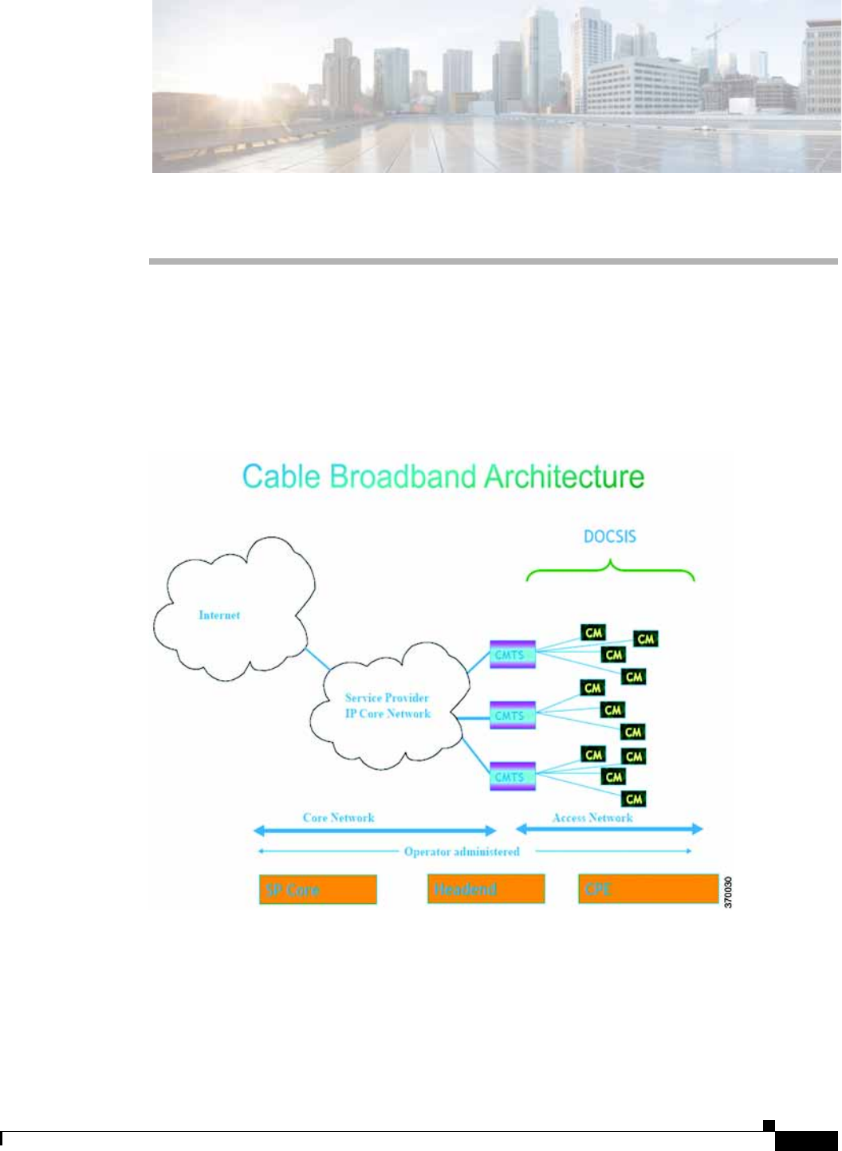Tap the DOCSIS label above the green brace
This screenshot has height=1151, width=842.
[x=610, y=536]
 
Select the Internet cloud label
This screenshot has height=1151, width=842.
[x=219, y=615]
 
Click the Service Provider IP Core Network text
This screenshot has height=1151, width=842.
[x=388, y=705]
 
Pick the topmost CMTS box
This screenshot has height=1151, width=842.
[x=512, y=654]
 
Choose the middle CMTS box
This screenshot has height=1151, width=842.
[x=512, y=715]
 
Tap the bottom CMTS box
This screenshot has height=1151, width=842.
[x=512, y=776]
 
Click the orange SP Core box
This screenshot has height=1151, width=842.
[x=317, y=890]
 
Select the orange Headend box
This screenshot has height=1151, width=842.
[x=486, y=889]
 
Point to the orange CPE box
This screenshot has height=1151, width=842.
[x=647, y=889]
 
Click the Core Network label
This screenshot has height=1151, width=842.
[x=338, y=818]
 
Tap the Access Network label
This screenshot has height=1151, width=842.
[x=592, y=818]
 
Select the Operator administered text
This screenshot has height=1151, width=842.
[x=462, y=852]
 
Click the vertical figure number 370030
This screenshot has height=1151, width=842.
[x=726, y=893]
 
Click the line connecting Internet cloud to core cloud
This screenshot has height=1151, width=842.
[x=318, y=658]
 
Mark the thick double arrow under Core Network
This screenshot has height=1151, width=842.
[x=375, y=831]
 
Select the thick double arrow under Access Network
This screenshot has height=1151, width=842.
[x=610, y=830]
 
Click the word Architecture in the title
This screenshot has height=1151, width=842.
[x=564, y=477]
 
